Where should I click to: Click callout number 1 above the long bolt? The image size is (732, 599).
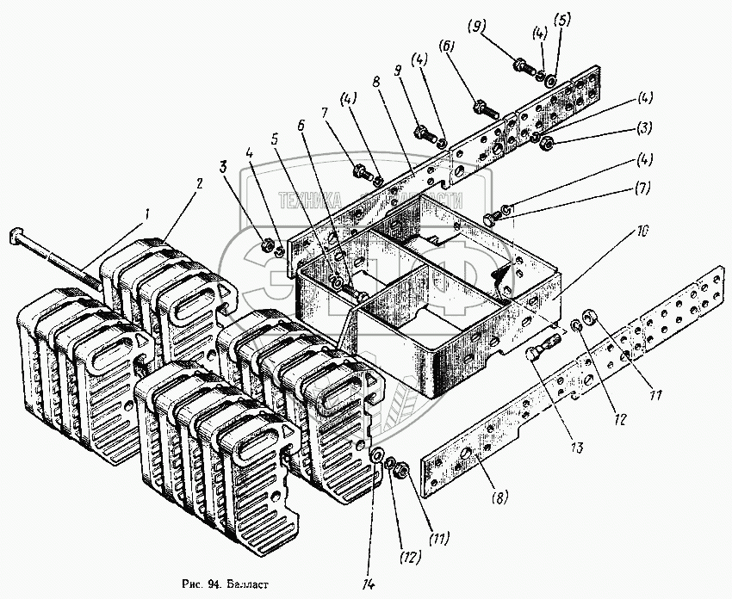[x=147, y=213]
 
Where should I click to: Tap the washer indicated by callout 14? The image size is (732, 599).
[x=377, y=456]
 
